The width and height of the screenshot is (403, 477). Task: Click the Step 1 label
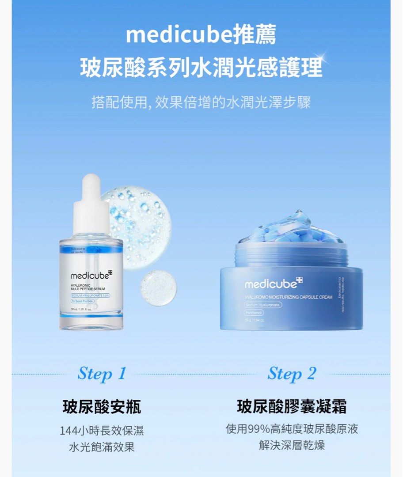click(x=102, y=374)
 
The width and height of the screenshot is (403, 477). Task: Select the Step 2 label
click(x=292, y=374)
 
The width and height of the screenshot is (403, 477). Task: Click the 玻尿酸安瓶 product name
click(x=102, y=407)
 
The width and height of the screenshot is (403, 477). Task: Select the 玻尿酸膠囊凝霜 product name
click(x=292, y=407)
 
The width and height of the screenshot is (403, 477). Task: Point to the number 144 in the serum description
click(x=68, y=431)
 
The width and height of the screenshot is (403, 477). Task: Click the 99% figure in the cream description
click(x=259, y=429)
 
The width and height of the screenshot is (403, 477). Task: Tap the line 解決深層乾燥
click(x=292, y=445)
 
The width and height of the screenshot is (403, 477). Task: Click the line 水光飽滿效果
click(x=102, y=447)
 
